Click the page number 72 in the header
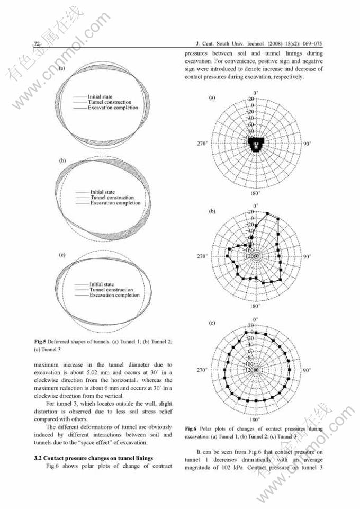[37, 43]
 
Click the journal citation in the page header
[259, 43]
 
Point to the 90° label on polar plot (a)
[307, 144]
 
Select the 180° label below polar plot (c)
[255, 419]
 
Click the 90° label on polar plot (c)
[307, 370]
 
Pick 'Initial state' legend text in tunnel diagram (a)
[102, 96]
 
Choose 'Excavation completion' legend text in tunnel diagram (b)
[115, 203]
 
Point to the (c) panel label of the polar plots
[212, 323]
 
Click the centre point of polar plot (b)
[256, 257]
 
